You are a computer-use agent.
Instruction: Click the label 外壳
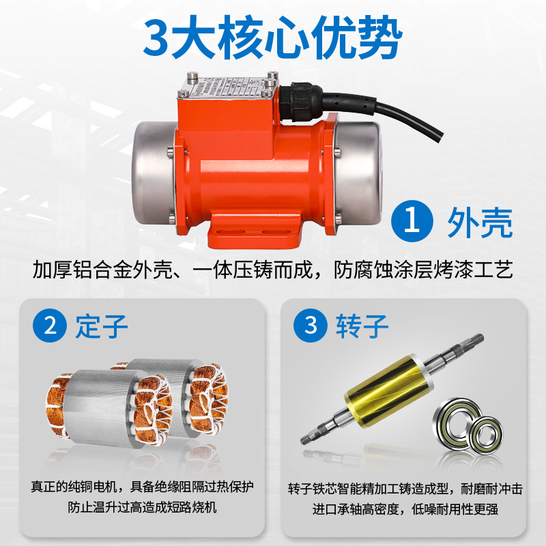coord(479,223)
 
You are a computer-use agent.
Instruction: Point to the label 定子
coord(102,326)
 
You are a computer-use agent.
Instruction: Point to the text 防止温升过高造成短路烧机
coord(142,508)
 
